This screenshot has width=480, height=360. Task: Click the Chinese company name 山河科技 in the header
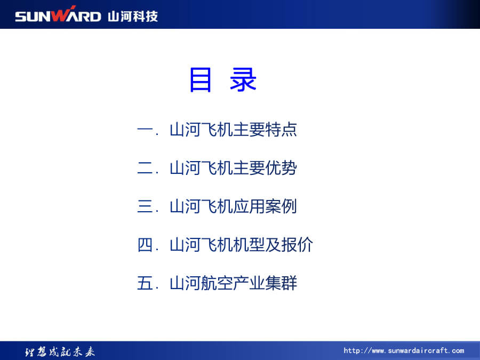[x=133, y=16]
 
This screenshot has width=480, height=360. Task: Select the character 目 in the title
[x=201, y=80]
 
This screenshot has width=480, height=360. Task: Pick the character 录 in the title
[x=243, y=79]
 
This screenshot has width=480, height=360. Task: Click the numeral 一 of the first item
[x=145, y=130]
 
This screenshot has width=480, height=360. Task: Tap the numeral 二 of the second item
[x=145, y=168]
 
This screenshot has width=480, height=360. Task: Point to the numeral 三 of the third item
[x=145, y=206]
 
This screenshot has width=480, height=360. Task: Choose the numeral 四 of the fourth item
[x=145, y=245]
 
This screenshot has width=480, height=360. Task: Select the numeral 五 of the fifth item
[x=145, y=283]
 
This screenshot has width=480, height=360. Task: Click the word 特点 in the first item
[x=281, y=130]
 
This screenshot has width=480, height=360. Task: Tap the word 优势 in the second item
[x=281, y=168]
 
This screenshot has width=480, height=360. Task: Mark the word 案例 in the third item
[x=281, y=206]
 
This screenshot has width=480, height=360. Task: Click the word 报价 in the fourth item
[x=297, y=245]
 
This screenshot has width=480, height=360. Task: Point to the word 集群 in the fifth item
[x=281, y=283]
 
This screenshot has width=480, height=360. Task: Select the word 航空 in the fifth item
[x=218, y=283]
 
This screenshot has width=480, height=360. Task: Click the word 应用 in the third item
[x=249, y=206]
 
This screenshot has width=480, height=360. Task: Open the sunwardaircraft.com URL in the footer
[x=404, y=350]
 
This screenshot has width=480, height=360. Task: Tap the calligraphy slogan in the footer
[x=60, y=352]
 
